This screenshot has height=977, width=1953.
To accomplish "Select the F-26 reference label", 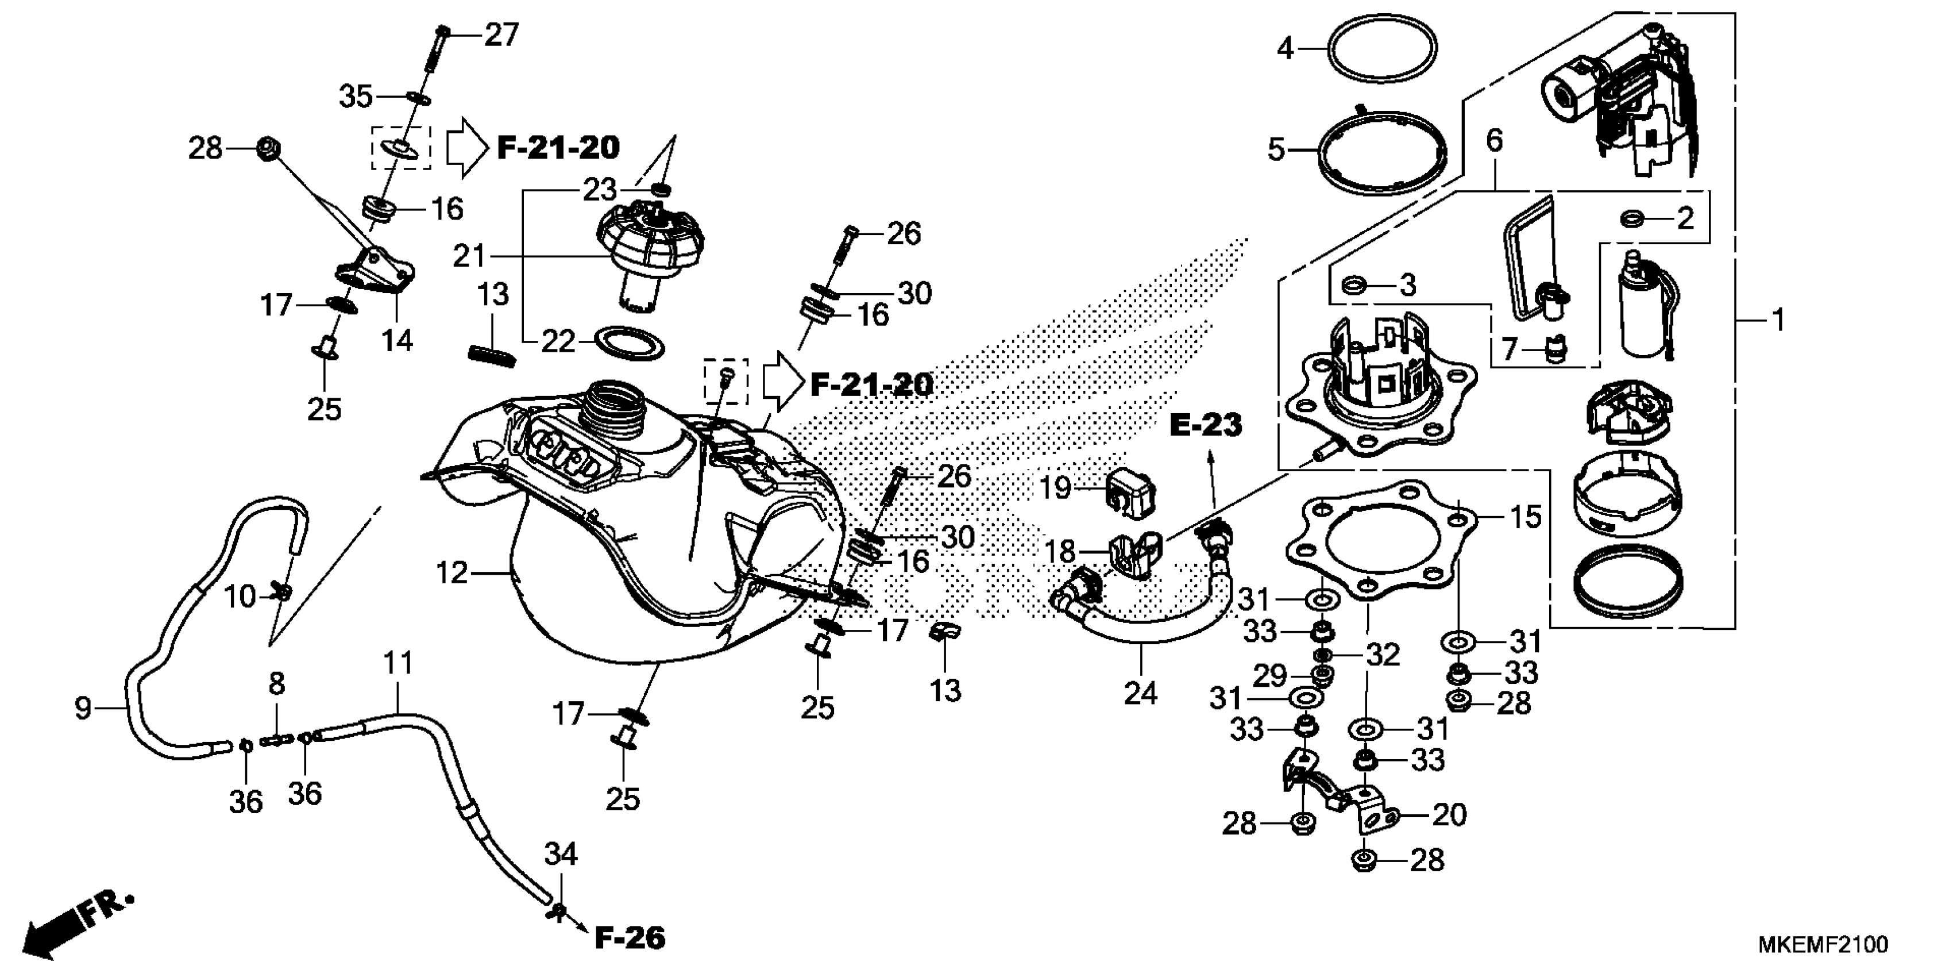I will point(629,938).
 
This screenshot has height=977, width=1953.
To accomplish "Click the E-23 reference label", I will point(1206,425).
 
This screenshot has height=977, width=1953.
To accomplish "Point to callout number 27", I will point(501,35).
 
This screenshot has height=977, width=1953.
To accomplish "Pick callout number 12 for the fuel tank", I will point(452,573).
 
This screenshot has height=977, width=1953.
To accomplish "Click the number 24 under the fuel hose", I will point(1140,693).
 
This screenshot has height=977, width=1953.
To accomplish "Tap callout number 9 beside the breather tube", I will point(83,709).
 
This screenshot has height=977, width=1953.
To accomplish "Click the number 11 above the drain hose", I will point(398,664).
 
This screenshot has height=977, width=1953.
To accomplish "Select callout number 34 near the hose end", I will point(561,855).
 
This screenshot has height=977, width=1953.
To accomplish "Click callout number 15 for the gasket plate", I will point(1526,517).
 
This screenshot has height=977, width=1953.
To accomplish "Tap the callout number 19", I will point(1055,488).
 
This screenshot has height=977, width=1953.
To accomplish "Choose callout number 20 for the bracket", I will point(1449,815).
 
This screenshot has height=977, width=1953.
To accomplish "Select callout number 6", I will point(1493,141).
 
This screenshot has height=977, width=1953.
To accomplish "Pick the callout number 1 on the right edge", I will point(1778,320).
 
